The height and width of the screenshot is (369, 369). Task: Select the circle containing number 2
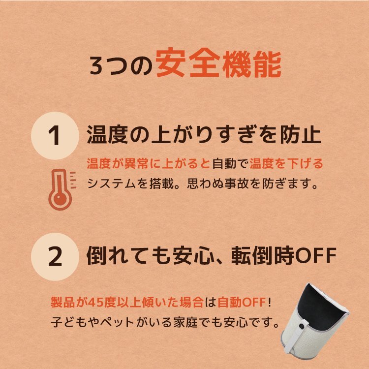tap(56, 257)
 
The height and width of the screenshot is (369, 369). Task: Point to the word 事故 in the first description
tap(251, 184)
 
